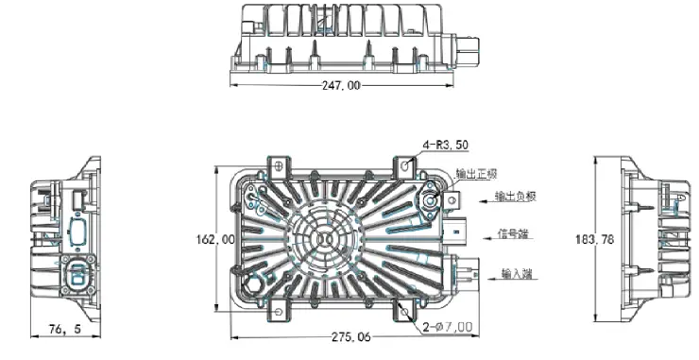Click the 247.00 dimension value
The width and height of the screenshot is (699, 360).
pos(341,85)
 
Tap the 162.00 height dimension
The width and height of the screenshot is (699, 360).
pos(214,240)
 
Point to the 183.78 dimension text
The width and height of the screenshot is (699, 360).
pos(595,240)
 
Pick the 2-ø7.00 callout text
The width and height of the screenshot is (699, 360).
pos(448,327)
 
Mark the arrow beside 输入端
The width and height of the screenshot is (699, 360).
pos(484,275)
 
